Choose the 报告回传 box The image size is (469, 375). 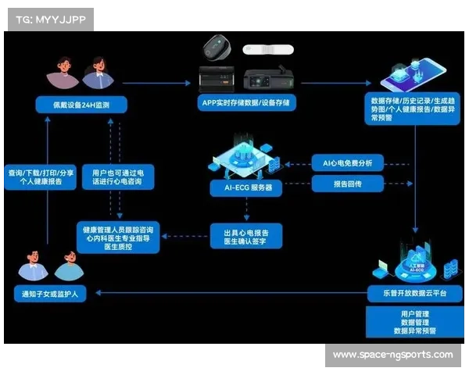pos(347,185)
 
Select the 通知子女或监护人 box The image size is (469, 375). pos(51,295)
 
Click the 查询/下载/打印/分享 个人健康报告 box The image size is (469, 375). pos(41,177)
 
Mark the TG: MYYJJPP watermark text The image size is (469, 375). pos(47,19)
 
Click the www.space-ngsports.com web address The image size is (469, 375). pos(392,355)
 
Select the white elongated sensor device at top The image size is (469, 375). pos(268,49)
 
